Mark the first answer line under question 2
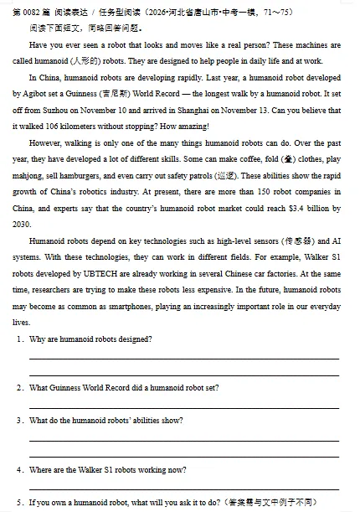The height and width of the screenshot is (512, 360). pyautogui.click(x=184, y=406)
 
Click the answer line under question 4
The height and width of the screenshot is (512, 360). pyautogui.click(x=184, y=487)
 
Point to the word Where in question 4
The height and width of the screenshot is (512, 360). pyautogui.click(x=40, y=469)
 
